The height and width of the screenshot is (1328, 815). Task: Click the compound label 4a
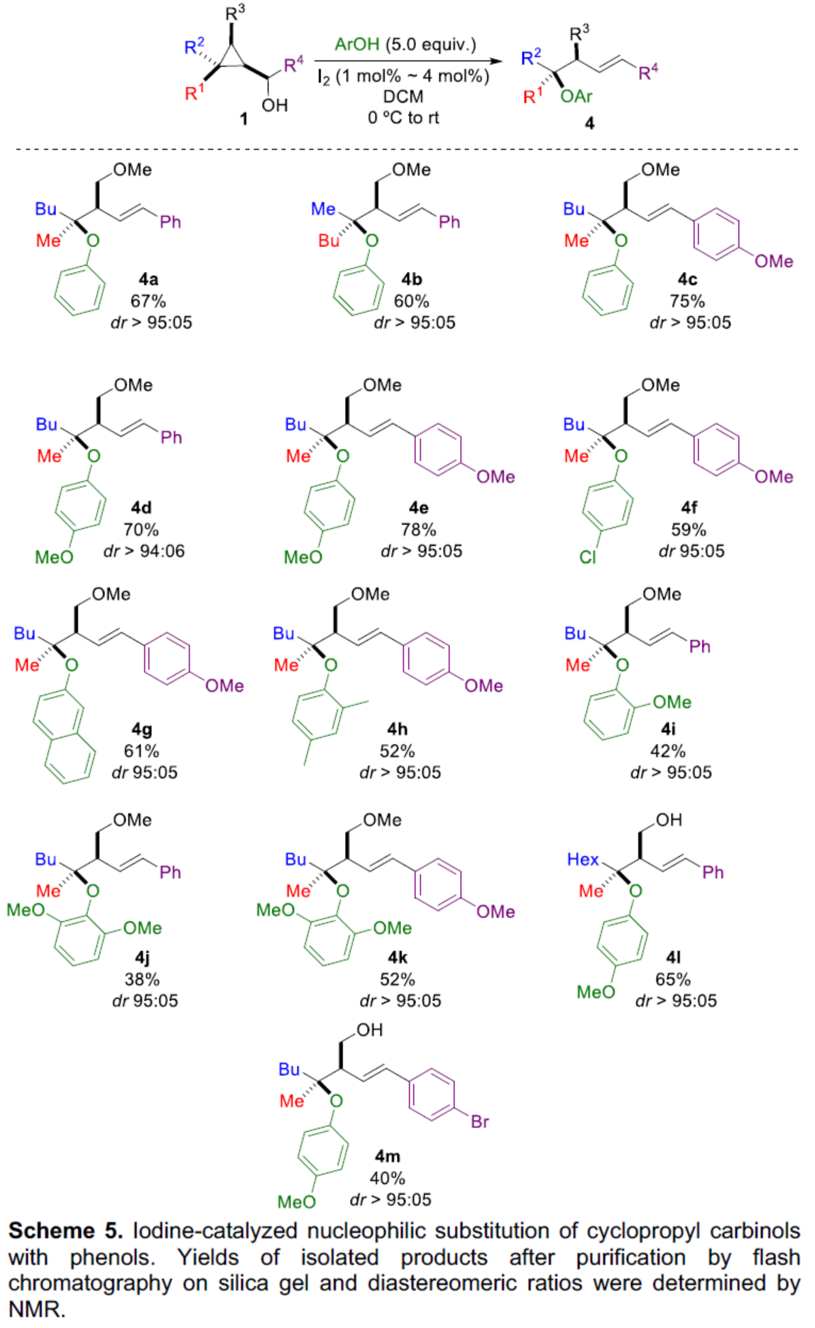148,279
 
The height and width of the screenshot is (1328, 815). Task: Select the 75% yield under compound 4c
687,301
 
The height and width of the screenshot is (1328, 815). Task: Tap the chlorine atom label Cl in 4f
588,557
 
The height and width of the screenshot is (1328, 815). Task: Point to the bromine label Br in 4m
480,1121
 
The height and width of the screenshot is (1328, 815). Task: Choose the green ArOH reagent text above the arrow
356,45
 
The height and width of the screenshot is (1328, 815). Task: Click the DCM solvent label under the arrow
403,96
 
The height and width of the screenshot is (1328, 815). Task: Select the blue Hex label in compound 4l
583,859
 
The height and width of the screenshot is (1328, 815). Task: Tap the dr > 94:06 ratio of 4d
144,551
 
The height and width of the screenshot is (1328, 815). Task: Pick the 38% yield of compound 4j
142,979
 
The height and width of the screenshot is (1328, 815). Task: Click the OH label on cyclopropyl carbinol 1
275,106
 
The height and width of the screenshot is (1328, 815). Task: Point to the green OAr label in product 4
576,97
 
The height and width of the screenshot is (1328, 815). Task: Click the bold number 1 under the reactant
244,119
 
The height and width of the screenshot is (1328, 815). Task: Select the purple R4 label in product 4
648,72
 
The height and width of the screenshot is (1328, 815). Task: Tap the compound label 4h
398,729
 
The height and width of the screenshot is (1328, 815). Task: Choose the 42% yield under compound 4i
668,751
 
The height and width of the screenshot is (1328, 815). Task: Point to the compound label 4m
388,1156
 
